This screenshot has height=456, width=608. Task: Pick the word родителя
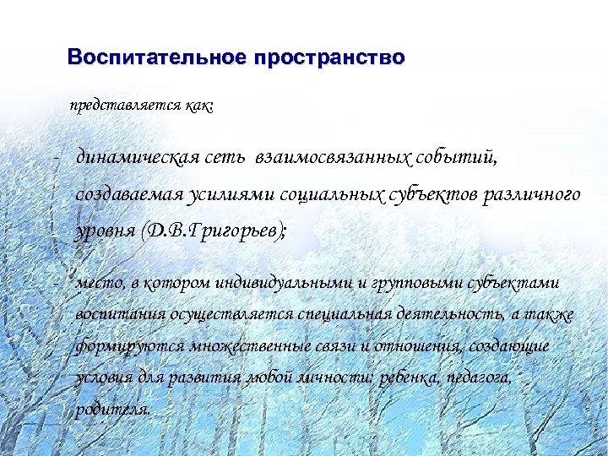coord(114,410)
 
